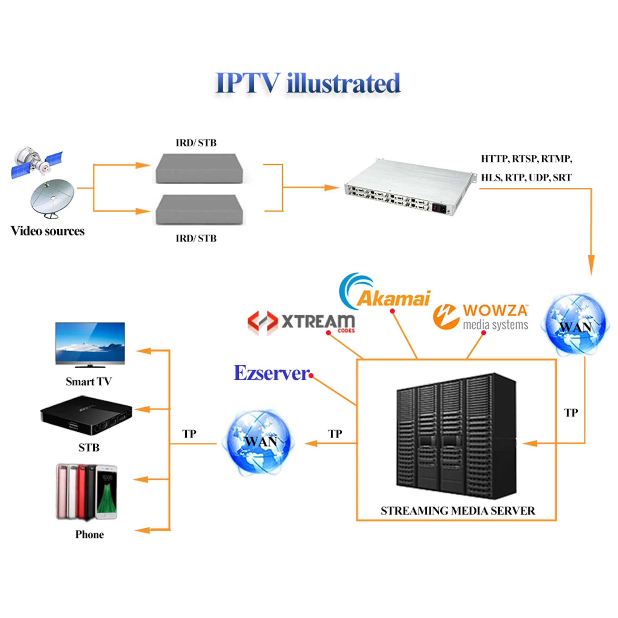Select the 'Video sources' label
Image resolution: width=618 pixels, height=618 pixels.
pos(48,231)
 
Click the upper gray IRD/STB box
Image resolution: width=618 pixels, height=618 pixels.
pos(199,169)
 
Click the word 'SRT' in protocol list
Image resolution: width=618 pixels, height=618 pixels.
pos(562,178)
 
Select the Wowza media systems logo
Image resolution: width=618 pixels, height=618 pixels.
pos(480,317)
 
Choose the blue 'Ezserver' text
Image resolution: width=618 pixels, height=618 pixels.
pos(271,373)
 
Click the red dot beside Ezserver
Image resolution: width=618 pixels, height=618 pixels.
pos(311,375)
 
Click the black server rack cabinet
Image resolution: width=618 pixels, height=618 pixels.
pos(456,436)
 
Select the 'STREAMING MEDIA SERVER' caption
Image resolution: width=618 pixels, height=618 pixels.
pos(457,511)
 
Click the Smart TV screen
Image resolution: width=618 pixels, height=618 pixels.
pos(90,341)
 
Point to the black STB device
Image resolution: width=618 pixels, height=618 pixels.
pos(87,415)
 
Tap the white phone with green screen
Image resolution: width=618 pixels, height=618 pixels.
pos(107,492)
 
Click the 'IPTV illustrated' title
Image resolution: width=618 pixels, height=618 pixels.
pos(308,83)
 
